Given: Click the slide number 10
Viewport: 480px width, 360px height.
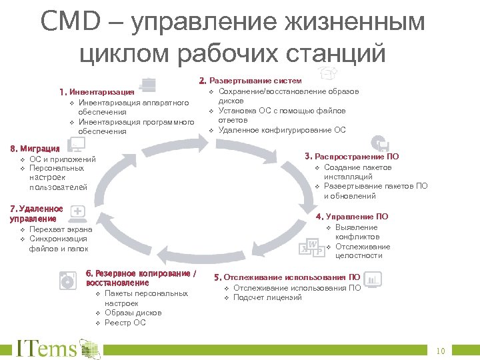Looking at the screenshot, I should point(440,351).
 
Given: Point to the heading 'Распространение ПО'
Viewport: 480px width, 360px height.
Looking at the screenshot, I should point(357,157).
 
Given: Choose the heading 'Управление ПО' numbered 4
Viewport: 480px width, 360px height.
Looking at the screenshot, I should point(357,217).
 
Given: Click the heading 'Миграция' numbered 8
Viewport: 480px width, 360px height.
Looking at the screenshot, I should point(40,149).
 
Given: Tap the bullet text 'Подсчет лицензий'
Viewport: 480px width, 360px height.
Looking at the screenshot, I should point(267,297).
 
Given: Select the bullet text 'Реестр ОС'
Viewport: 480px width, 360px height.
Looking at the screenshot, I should point(125,323).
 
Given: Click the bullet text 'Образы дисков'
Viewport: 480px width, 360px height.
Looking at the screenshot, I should point(133,313).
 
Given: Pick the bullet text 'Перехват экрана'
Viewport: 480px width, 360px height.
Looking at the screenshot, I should point(61,229).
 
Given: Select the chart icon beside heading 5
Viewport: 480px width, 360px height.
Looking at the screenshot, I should point(374,279).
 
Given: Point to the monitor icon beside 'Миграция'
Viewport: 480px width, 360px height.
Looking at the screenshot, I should point(77,145).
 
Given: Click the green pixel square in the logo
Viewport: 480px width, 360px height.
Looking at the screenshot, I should point(91,349).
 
